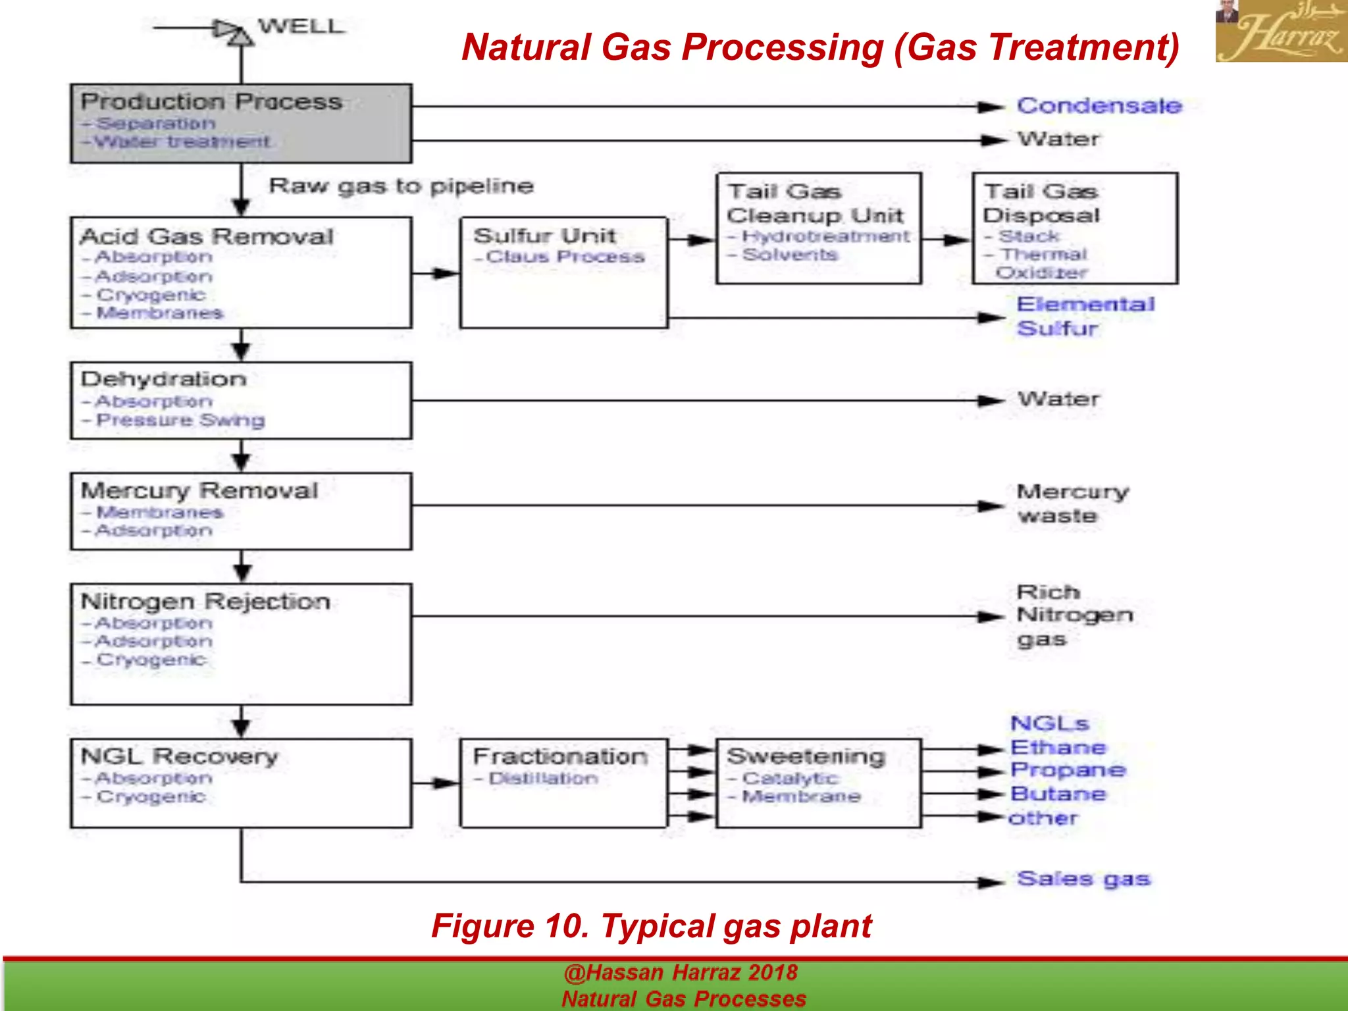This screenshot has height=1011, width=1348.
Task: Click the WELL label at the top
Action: point(301,27)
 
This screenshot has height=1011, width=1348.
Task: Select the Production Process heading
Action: point(211,102)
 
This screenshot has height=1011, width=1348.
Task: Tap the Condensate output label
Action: point(1099,106)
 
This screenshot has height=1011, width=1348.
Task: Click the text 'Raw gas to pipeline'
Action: point(401,186)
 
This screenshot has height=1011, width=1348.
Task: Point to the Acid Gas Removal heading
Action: point(207,236)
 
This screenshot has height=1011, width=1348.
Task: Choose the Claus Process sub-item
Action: point(565,257)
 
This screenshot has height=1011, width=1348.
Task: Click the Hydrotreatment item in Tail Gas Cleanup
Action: point(825,236)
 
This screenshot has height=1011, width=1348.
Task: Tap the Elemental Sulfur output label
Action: point(1085,316)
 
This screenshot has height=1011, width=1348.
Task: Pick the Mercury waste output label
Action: point(1072,504)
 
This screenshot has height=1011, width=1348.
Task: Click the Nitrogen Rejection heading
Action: point(205,602)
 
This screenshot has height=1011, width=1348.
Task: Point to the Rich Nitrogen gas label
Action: point(1074,615)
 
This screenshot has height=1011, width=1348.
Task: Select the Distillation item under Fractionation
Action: point(543,779)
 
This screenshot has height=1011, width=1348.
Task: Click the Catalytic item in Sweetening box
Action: point(790,779)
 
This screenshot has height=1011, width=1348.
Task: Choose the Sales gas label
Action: point(1083,879)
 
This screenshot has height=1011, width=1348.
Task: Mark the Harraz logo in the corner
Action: point(1281,31)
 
